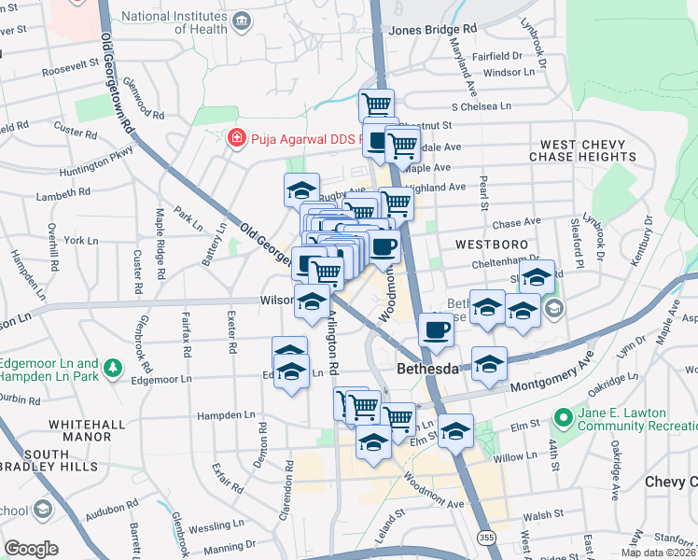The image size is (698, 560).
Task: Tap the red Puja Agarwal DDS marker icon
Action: click(x=237, y=138)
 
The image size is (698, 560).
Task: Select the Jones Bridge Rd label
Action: click(x=432, y=29)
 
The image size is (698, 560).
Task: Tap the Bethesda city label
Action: click(x=427, y=369)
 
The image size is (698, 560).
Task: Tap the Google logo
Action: click(x=32, y=549)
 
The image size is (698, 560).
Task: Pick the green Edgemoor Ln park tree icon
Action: click(x=113, y=368)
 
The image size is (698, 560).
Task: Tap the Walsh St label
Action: click(x=546, y=513)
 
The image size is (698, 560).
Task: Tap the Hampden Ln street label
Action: click(x=225, y=415)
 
